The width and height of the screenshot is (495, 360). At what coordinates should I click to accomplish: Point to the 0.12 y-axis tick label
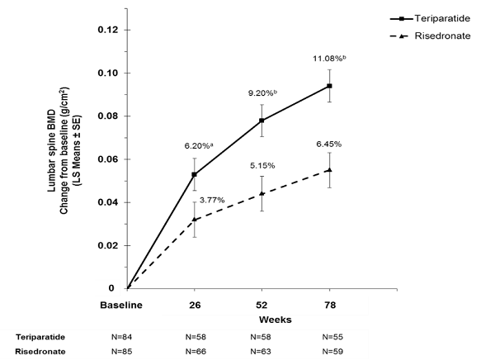(x=108, y=30)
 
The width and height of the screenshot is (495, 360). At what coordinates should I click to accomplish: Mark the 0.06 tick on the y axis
(x=108, y=159)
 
